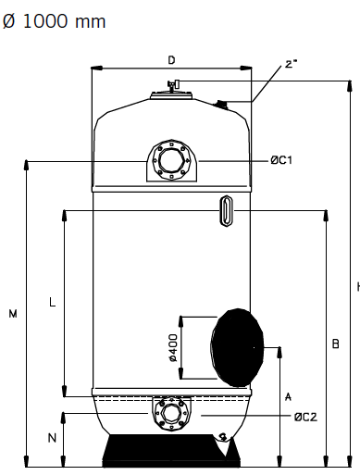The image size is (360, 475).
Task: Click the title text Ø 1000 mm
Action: (x=54, y=21)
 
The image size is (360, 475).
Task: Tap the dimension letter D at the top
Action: (x=171, y=60)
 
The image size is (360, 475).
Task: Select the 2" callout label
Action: (x=291, y=64)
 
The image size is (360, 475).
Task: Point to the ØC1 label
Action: (x=281, y=160)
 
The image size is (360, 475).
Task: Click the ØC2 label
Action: (x=305, y=417)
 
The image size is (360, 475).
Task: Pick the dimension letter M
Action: (x=13, y=314)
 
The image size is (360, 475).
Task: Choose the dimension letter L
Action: (x=53, y=302)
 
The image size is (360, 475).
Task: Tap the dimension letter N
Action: (x=52, y=438)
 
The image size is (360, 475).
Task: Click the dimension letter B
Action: (x=335, y=344)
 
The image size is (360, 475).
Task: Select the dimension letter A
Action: (x=288, y=396)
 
